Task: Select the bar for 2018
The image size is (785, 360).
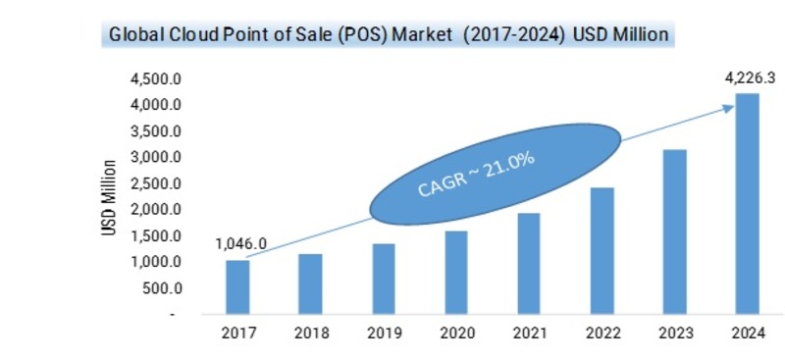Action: coord(310,284)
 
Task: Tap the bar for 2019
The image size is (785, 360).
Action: coord(383,280)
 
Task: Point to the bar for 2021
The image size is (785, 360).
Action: coord(528,264)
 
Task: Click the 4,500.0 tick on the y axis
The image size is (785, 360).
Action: coord(155,78)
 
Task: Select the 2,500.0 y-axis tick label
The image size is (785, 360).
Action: coord(155,183)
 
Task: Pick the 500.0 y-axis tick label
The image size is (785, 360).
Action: coord(161,288)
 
